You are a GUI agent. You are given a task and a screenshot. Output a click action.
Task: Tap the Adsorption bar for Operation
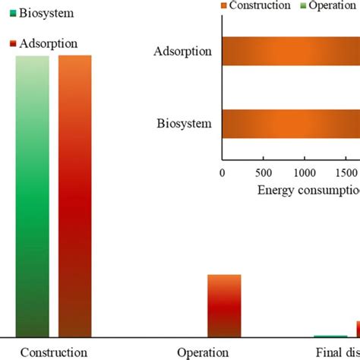224,305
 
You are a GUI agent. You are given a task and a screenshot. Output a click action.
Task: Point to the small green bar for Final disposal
325,336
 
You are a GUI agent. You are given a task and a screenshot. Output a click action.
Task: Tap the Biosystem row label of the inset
184,123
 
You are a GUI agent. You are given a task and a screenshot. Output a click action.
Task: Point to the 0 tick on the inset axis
222,172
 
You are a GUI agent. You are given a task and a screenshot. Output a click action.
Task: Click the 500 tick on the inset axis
263,172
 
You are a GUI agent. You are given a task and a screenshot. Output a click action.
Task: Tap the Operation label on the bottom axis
203,352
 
